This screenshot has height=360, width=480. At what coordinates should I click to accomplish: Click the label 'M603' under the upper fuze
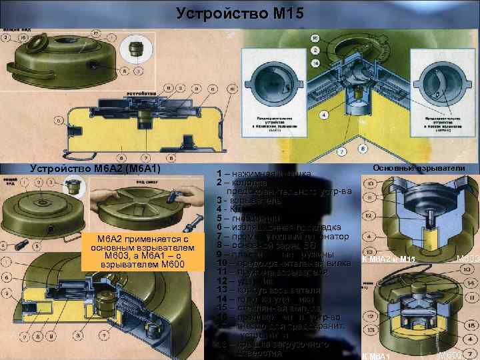pos(466,259)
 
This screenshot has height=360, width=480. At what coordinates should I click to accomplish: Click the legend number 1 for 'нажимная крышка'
pos(219,174)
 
